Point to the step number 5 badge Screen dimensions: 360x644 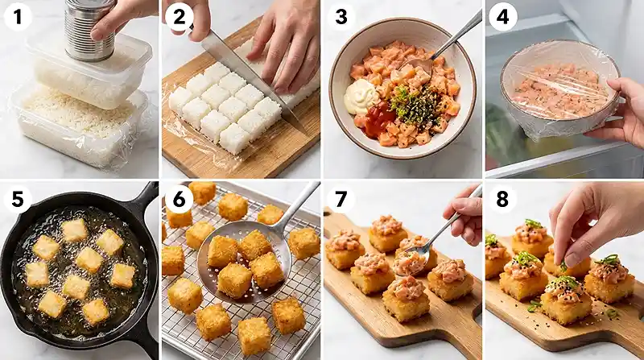(18, 198)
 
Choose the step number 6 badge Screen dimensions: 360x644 (179, 198)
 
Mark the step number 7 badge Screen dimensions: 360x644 (341, 198)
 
